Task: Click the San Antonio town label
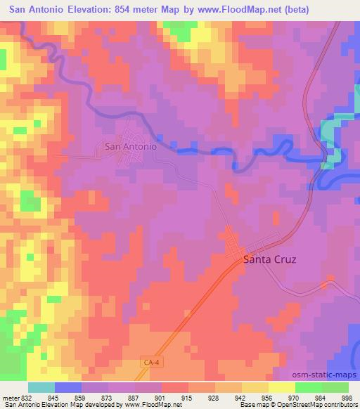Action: pyautogui.click(x=130, y=148)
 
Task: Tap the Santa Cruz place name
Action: pyautogui.click(x=269, y=259)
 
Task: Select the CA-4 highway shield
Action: pyautogui.click(x=147, y=361)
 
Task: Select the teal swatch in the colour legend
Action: pyautogui.click(x=41, y=387)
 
